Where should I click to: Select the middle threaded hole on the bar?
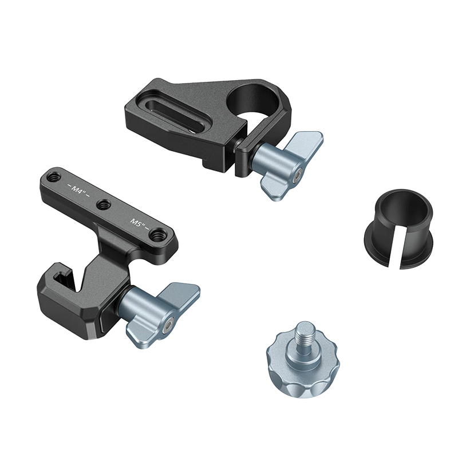[103, 204]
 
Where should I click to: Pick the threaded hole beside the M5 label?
[158, 234]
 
